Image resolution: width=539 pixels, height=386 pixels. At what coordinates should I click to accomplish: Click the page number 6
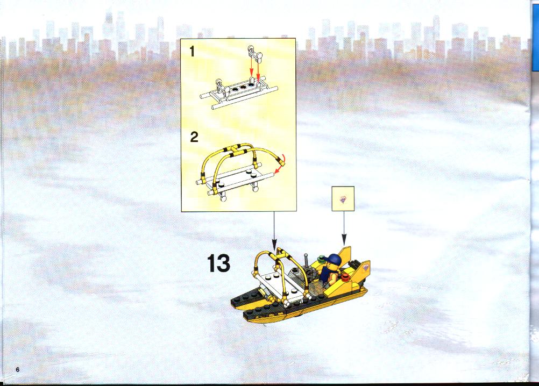click(x=18, y=369)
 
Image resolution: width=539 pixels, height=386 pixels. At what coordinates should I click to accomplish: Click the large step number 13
click(x=218, y=263)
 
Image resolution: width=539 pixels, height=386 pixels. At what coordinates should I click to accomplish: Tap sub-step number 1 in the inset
click(x=192, y=52)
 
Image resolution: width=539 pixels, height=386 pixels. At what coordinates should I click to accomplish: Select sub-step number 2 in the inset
click(x=194, y=138)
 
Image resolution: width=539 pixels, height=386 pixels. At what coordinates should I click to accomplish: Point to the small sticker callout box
click(x=343, y=198)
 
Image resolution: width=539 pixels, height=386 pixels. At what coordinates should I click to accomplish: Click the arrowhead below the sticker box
click(x=344, y=238)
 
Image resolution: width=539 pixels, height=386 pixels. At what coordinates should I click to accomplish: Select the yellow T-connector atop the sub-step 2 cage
click(x=236, y=149)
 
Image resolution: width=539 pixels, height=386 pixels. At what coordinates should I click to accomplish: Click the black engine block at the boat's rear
click(x=355, y=266)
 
